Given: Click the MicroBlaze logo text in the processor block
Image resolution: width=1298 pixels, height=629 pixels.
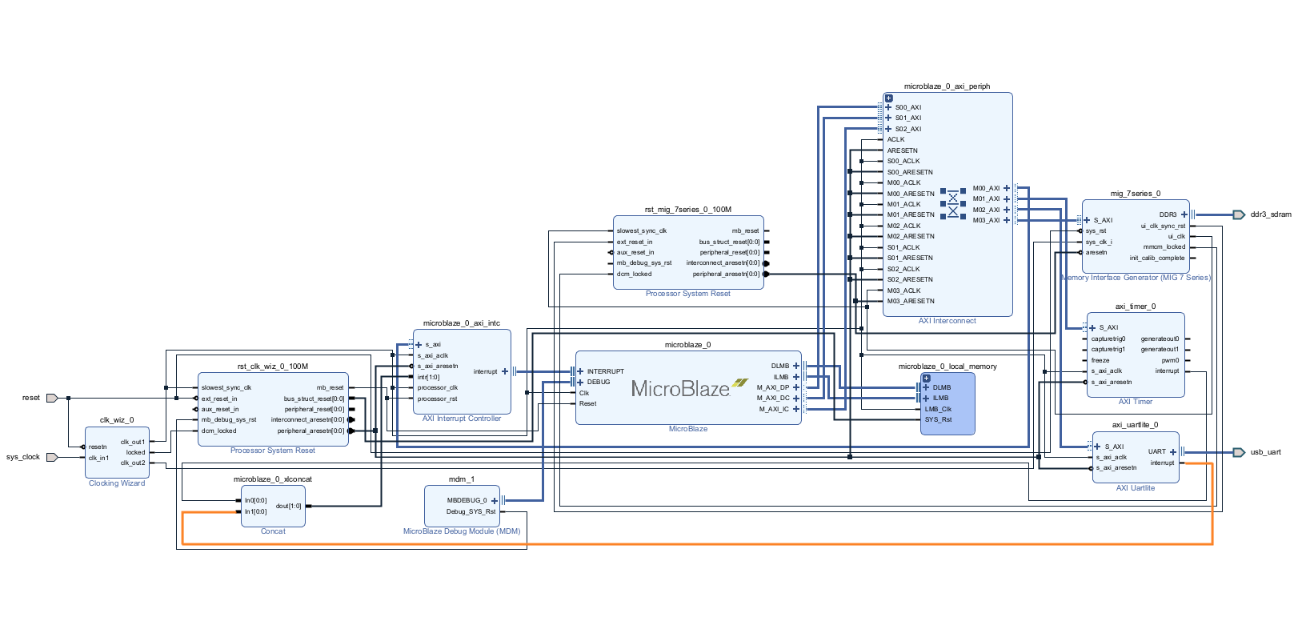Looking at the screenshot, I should tap(680, 389).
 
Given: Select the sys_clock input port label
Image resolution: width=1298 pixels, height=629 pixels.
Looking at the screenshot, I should tap(23, 457).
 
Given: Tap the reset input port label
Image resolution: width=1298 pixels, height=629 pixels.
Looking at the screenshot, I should tap(31, 398).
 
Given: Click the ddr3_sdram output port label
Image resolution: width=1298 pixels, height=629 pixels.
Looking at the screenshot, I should tap(1271, 214).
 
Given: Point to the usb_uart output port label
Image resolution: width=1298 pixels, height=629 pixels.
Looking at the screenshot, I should tap(1266, 452).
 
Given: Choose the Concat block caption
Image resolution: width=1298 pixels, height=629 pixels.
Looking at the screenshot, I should tap(273, 531).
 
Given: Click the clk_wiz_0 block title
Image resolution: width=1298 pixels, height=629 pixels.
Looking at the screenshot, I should tap(117, 420).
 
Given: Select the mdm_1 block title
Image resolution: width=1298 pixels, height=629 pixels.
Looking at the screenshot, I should tap(462, 479).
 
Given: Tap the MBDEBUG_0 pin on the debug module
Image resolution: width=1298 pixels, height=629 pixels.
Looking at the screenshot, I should tap(467, 500).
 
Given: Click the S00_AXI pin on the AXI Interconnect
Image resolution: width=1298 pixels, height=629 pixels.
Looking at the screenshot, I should tap(908, 107).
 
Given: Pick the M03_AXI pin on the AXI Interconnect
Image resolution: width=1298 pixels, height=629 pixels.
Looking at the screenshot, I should tap(986, 220).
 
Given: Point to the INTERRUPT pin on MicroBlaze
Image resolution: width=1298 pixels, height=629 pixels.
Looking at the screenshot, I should tap(605, 371).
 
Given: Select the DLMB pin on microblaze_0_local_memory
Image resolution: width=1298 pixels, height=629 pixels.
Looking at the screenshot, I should tap(942, 387).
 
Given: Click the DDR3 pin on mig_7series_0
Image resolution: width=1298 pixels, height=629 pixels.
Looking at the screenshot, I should tap(1168, 214).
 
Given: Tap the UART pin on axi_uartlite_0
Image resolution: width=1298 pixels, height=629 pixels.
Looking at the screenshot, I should tap(1157, 451).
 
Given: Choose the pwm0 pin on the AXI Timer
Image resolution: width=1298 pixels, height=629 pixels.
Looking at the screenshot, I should tap(1170, 360).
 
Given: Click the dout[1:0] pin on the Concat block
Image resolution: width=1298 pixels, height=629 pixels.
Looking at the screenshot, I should tap(289, 506).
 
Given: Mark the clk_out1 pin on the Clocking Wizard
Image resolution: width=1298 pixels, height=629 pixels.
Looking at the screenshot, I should tap(133, 442).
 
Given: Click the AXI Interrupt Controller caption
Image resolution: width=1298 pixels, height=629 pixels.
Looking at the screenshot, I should tap(462, 419).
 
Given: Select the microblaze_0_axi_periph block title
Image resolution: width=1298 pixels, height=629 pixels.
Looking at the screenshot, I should tap(947, 86).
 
